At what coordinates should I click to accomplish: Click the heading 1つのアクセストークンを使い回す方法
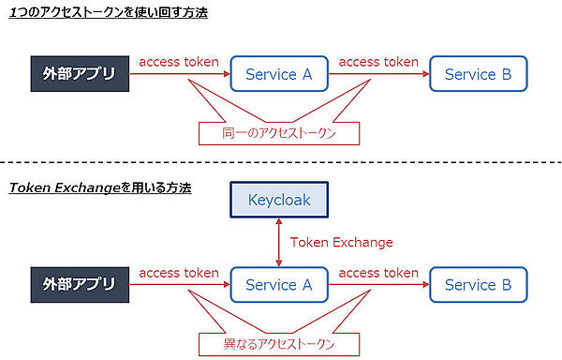pos(109,13)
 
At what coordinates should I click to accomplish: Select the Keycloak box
pos(278,200)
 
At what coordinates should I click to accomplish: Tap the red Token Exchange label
pos(341,242)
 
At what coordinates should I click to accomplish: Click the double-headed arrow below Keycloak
pos(278,242)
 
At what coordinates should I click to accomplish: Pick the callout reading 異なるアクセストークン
pos(278,344)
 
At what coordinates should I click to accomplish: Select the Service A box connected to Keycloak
pos(278,285)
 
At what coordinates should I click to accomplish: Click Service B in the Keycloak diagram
pos(478,285)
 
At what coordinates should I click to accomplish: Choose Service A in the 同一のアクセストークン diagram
pos(278,74)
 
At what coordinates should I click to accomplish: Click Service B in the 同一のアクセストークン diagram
pos(478,74)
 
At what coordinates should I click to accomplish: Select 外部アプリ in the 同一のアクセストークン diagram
pos(79,74)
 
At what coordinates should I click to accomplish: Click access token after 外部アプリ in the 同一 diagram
pos(179,62)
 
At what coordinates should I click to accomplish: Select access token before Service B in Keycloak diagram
pos(378,273)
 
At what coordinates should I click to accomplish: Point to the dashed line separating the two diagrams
pos(281,164)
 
